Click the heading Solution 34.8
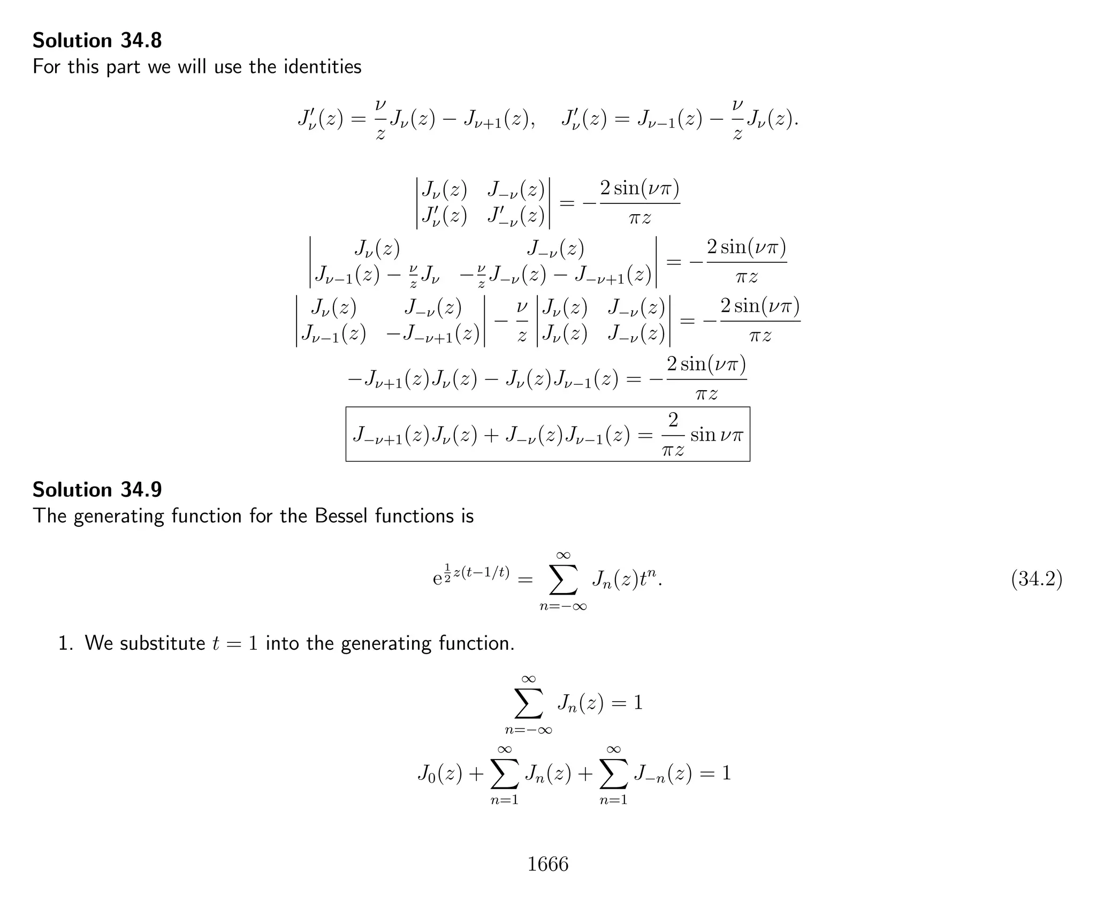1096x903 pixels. (97, 41)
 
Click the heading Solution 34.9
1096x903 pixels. (97, 490)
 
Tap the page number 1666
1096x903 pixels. (547, 864)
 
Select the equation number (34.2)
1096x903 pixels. (1036, 579)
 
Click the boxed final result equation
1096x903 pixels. (547, 434)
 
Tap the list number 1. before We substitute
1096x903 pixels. (65, 643)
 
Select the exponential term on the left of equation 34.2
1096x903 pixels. (471, 576)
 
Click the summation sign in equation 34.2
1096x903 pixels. (563, 580)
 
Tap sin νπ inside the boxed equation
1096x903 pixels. (716, 435)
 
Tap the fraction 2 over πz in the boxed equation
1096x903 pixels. (673, 434)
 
